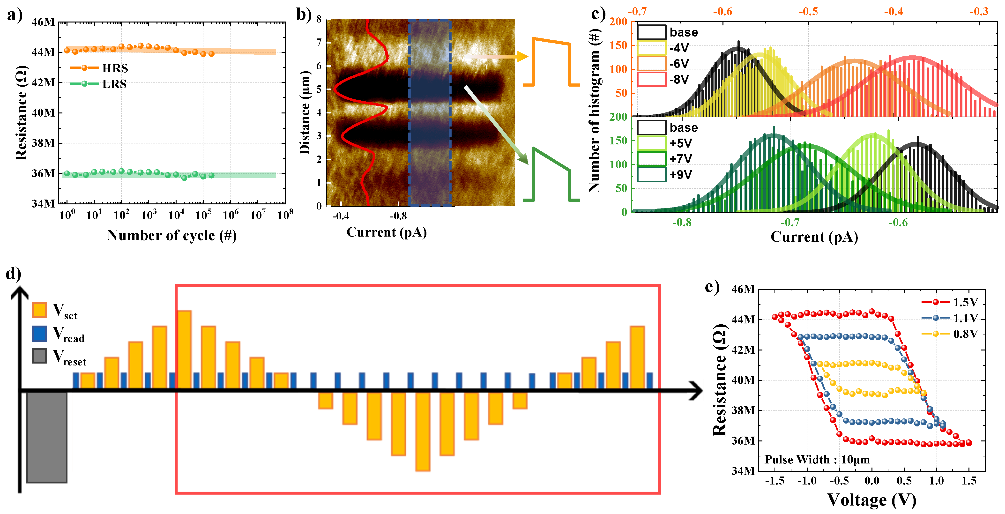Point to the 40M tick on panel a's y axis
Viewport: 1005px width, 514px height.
point(43,113)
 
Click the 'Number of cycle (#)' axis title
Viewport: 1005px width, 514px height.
point(172,235)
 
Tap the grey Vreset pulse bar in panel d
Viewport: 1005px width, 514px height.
point(46,437)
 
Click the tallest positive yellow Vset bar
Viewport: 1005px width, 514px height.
point(184,349)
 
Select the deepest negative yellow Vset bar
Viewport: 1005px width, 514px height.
point(423,431)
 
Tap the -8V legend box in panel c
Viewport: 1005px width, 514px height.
point(652,79)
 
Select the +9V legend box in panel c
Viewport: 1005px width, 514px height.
point(652,174)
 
